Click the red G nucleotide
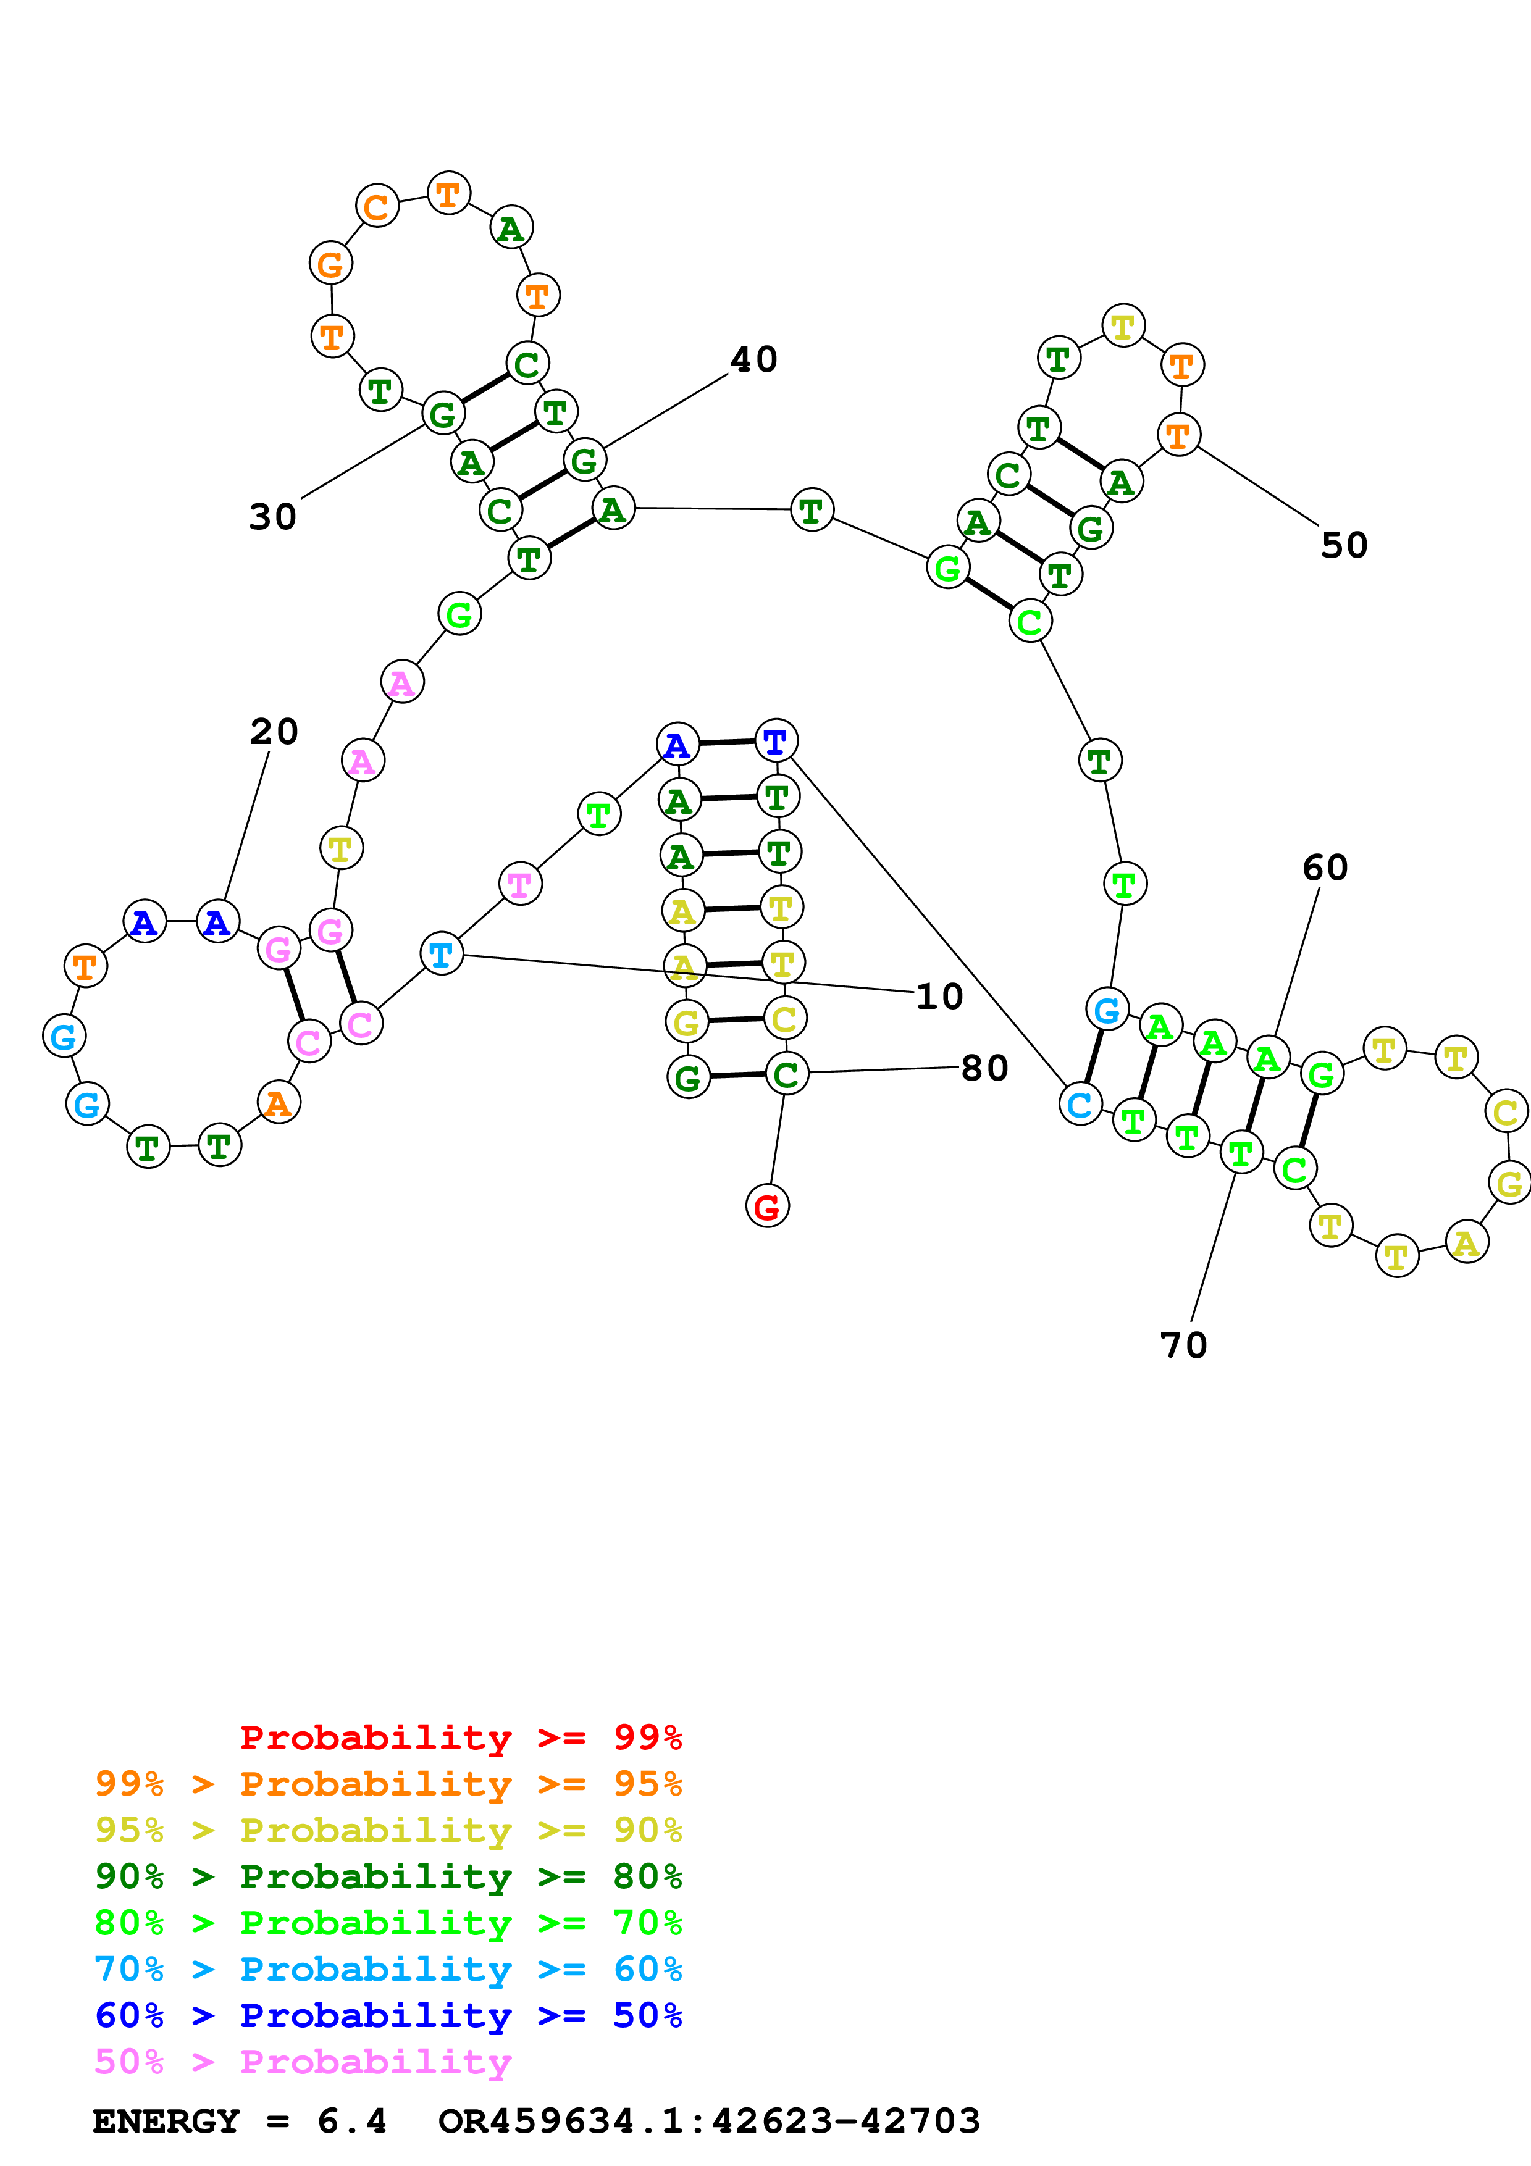(767, 1206)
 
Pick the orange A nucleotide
(279, 1102)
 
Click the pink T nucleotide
(520, 884)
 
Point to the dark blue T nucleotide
(776, 742)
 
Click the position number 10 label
(939, 996)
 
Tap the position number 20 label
(274, 731)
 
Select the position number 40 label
(753, 359)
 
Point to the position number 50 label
(1344, 545)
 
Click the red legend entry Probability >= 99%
(460, 1737)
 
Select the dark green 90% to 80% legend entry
(388, 1877)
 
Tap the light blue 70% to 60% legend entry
(388, 1970)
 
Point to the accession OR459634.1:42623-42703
(710, 2122)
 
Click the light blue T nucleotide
(440, 954)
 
